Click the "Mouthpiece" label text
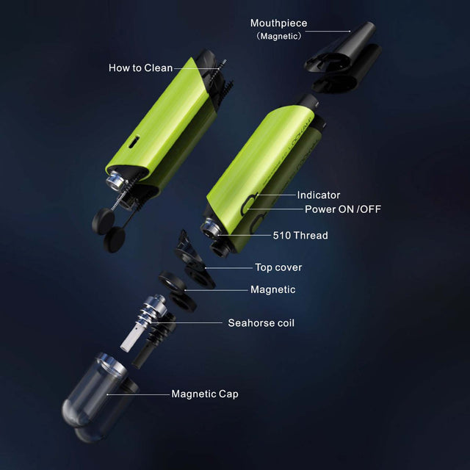coord(279,23)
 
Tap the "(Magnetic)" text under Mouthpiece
coord(279,36)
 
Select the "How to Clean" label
coord(140,68)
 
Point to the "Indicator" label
coord(319,195)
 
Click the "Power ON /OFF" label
coord(343,209)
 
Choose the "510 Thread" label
coord(300,235)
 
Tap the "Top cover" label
coord(278,267)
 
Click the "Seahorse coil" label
coord(261,323)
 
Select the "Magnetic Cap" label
coord(205,394)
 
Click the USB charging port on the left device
coord(135,141)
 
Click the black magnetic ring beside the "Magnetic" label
coord(173,281)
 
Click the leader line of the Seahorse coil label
coord(186,323)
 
